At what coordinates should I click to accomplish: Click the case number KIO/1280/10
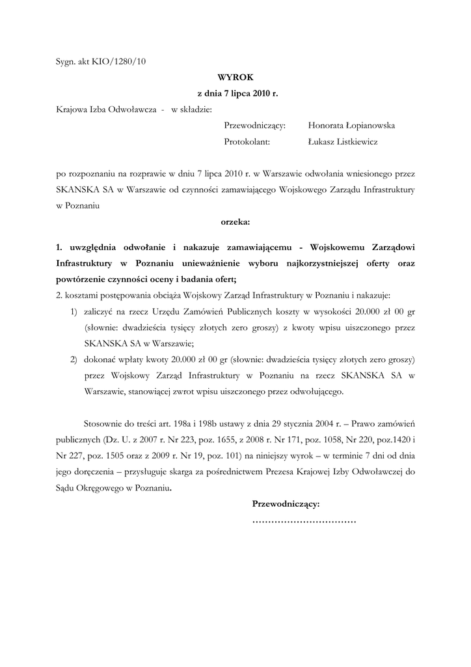123,62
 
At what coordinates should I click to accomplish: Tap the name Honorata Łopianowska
351,125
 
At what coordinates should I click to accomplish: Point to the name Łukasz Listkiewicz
343,141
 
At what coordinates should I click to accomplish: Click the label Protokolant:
247,141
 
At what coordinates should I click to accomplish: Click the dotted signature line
304,522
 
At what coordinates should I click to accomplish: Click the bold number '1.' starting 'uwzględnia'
59,248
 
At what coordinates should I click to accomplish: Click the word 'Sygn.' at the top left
66,62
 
